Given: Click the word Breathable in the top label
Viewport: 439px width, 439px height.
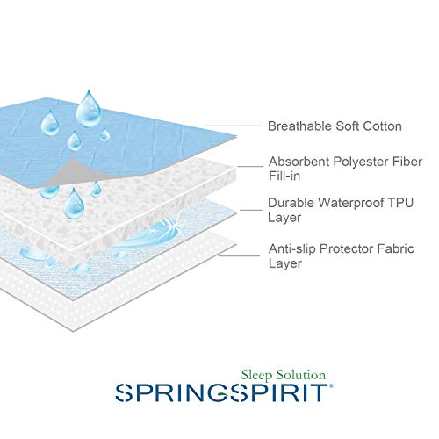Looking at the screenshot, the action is click(299, 126).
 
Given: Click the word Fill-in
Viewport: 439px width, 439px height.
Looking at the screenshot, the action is click(284, 176).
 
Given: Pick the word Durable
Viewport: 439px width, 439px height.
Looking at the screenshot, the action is click(291, 203).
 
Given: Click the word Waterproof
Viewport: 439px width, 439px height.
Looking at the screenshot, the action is click(351, 204).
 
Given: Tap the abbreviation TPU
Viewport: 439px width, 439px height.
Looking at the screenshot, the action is click(400, 203).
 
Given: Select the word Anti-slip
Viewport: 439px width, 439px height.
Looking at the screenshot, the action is click(292, 249).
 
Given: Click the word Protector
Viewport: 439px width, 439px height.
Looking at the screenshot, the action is click(346, 249).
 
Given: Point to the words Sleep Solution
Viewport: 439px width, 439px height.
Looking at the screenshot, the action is click(284, 375).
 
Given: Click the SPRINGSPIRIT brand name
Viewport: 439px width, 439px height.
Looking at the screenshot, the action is click(224, 392).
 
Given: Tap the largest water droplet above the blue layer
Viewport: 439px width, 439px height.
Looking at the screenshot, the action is click(89, 109).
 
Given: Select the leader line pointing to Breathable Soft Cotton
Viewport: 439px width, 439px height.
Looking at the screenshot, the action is click(233, 126).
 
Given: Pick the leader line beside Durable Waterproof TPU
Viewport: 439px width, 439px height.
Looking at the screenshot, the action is click(251, 210).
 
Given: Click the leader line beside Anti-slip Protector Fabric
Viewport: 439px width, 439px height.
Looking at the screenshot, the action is click(239, 255).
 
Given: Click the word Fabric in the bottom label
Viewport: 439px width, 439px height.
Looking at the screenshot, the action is click(395, 249).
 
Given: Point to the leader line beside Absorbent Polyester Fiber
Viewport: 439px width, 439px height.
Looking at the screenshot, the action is click(250, 167).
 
